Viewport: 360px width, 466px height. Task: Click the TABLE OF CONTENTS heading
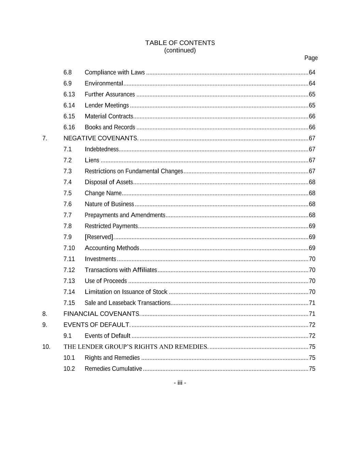[180, 43]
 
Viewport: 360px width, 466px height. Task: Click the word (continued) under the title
[180, 51]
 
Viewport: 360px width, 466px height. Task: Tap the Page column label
[311, 58]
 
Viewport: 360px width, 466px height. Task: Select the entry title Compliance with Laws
[115, 72]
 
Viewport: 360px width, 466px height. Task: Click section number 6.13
[69, 94]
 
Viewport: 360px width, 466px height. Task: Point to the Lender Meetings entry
[107, 105]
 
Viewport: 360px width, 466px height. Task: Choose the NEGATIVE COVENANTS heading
[101, 138]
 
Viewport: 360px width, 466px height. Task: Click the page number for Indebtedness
[312, 149]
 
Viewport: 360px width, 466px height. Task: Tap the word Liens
[92, 160]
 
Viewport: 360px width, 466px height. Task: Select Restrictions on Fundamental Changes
[134, 171]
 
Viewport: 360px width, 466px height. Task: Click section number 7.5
[68, 193]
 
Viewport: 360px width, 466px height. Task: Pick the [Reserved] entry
[99, 237]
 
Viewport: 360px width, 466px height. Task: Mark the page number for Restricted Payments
[312, 226]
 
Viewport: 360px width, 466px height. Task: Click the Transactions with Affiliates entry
[121, 270]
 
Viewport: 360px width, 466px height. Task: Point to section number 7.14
[69, 292]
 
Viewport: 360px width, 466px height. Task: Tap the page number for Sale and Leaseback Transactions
[312, 303]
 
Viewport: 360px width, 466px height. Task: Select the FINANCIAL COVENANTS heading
[102, 314]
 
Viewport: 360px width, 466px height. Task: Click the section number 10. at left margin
[46, 347]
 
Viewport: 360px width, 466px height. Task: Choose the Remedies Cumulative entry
[113, 369]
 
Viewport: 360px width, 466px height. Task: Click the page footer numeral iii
[180, 383]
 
